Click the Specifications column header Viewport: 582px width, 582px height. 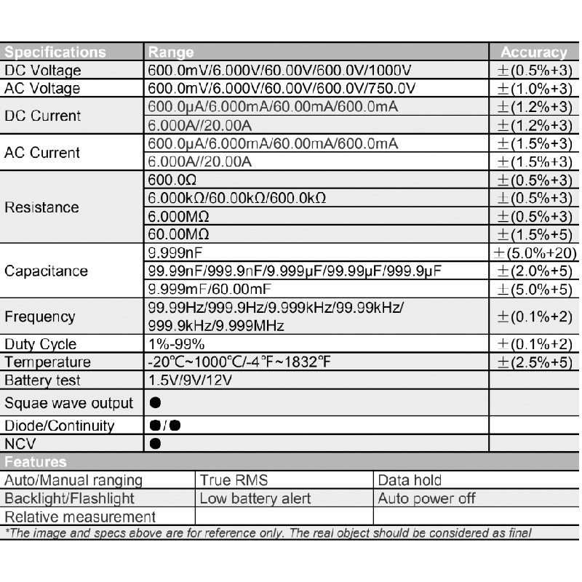pos(55,52)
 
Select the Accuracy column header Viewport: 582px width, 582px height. pos(533,52)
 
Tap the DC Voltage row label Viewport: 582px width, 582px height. pos(43,71)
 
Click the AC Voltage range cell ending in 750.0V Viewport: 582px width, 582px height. pos(282,89)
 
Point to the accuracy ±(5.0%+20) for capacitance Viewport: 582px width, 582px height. pos(535,253)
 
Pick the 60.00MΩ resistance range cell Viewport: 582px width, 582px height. pos(179,234)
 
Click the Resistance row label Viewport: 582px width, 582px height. pos(41,207)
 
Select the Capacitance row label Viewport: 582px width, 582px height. pos(46,271)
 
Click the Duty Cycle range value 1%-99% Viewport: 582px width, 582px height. pos(177,344)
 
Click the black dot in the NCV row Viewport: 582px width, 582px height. pos(155,443)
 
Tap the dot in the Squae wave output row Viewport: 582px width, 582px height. pos(155,402)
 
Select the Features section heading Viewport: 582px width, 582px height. pos(36,462)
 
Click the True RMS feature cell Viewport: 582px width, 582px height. pos(234,480)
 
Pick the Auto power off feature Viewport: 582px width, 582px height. pos(426,498)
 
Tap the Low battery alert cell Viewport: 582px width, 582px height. pos(255,498)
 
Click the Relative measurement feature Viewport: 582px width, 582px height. pos(80,517)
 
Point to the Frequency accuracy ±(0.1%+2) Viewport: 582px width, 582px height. pos(535,316)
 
